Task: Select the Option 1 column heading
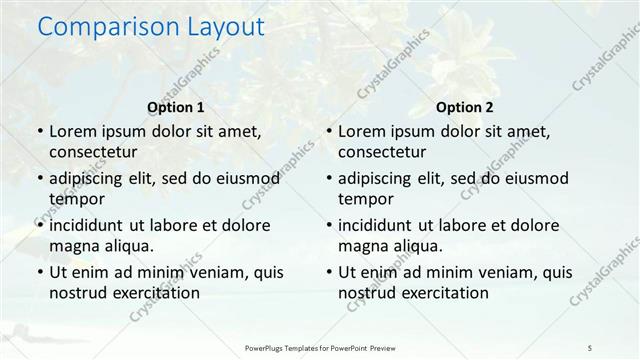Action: click(176, 107)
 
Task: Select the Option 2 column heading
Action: click(464, 107)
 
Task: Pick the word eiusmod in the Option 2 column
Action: click(533, 178)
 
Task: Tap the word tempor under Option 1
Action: click(72, 198)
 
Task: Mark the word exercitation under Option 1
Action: click(154, 292)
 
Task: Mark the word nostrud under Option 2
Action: click(368, 292)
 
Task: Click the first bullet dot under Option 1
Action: click(39, 132)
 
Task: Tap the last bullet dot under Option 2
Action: click(328, 272)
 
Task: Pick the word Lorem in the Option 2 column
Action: click(361, 132)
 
